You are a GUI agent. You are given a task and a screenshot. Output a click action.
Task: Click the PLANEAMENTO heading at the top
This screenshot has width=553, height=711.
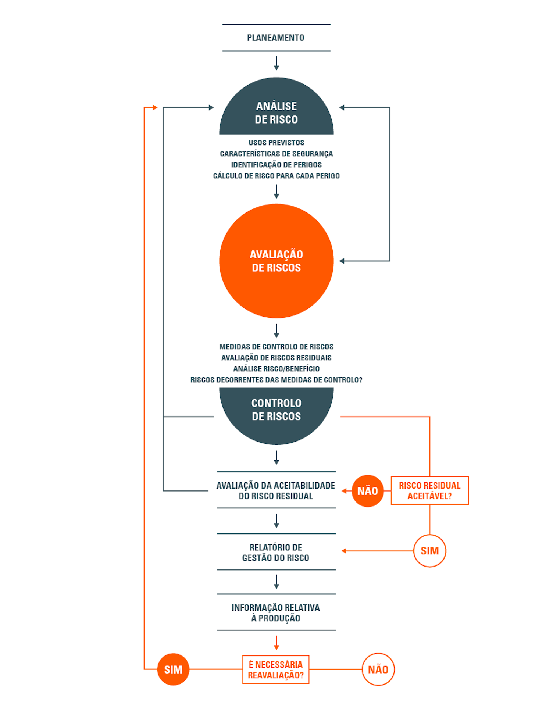pos(275,38)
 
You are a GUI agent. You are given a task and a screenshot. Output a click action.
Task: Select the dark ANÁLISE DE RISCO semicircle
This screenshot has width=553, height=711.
pos(276,110)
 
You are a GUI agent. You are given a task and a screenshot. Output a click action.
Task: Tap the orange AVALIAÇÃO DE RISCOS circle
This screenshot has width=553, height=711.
pos(276,261)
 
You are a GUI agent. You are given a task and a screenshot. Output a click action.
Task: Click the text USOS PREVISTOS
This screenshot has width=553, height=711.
pos(276,143)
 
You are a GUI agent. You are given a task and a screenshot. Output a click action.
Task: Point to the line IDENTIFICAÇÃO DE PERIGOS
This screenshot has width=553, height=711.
pos(276,165)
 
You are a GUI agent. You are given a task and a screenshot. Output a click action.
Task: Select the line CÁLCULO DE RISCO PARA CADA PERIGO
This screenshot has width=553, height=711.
pos(276,176)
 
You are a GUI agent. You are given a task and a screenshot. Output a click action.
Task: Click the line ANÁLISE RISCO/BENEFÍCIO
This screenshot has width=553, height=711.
pos(276,369)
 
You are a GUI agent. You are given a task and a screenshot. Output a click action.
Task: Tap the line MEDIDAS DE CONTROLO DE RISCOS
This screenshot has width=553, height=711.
pos(276,347)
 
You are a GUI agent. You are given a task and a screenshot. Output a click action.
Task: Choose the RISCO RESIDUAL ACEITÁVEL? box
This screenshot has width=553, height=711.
pos(429,490)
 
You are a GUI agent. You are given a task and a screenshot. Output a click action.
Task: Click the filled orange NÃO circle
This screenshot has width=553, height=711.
pos(367,491)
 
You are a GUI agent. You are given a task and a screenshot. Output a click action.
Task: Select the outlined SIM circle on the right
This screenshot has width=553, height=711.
pos(429,551)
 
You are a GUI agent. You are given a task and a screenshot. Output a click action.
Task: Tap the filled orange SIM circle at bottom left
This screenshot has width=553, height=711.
pos(173,669)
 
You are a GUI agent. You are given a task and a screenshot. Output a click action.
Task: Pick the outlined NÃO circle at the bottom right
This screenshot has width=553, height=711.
pos(378,669)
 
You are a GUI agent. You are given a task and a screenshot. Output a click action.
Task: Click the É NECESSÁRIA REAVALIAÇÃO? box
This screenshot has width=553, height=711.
pos(275,669)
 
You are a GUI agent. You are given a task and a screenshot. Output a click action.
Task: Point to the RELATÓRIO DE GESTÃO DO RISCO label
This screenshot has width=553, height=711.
pos(275,553)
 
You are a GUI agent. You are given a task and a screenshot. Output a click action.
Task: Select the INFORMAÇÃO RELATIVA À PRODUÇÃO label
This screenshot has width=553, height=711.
pos(275,613)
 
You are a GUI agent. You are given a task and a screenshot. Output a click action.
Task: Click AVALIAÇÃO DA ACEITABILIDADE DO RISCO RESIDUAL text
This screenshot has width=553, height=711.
pos(275,490)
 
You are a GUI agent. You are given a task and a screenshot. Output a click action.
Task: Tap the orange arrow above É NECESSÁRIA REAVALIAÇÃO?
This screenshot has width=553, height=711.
pos(276,643)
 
